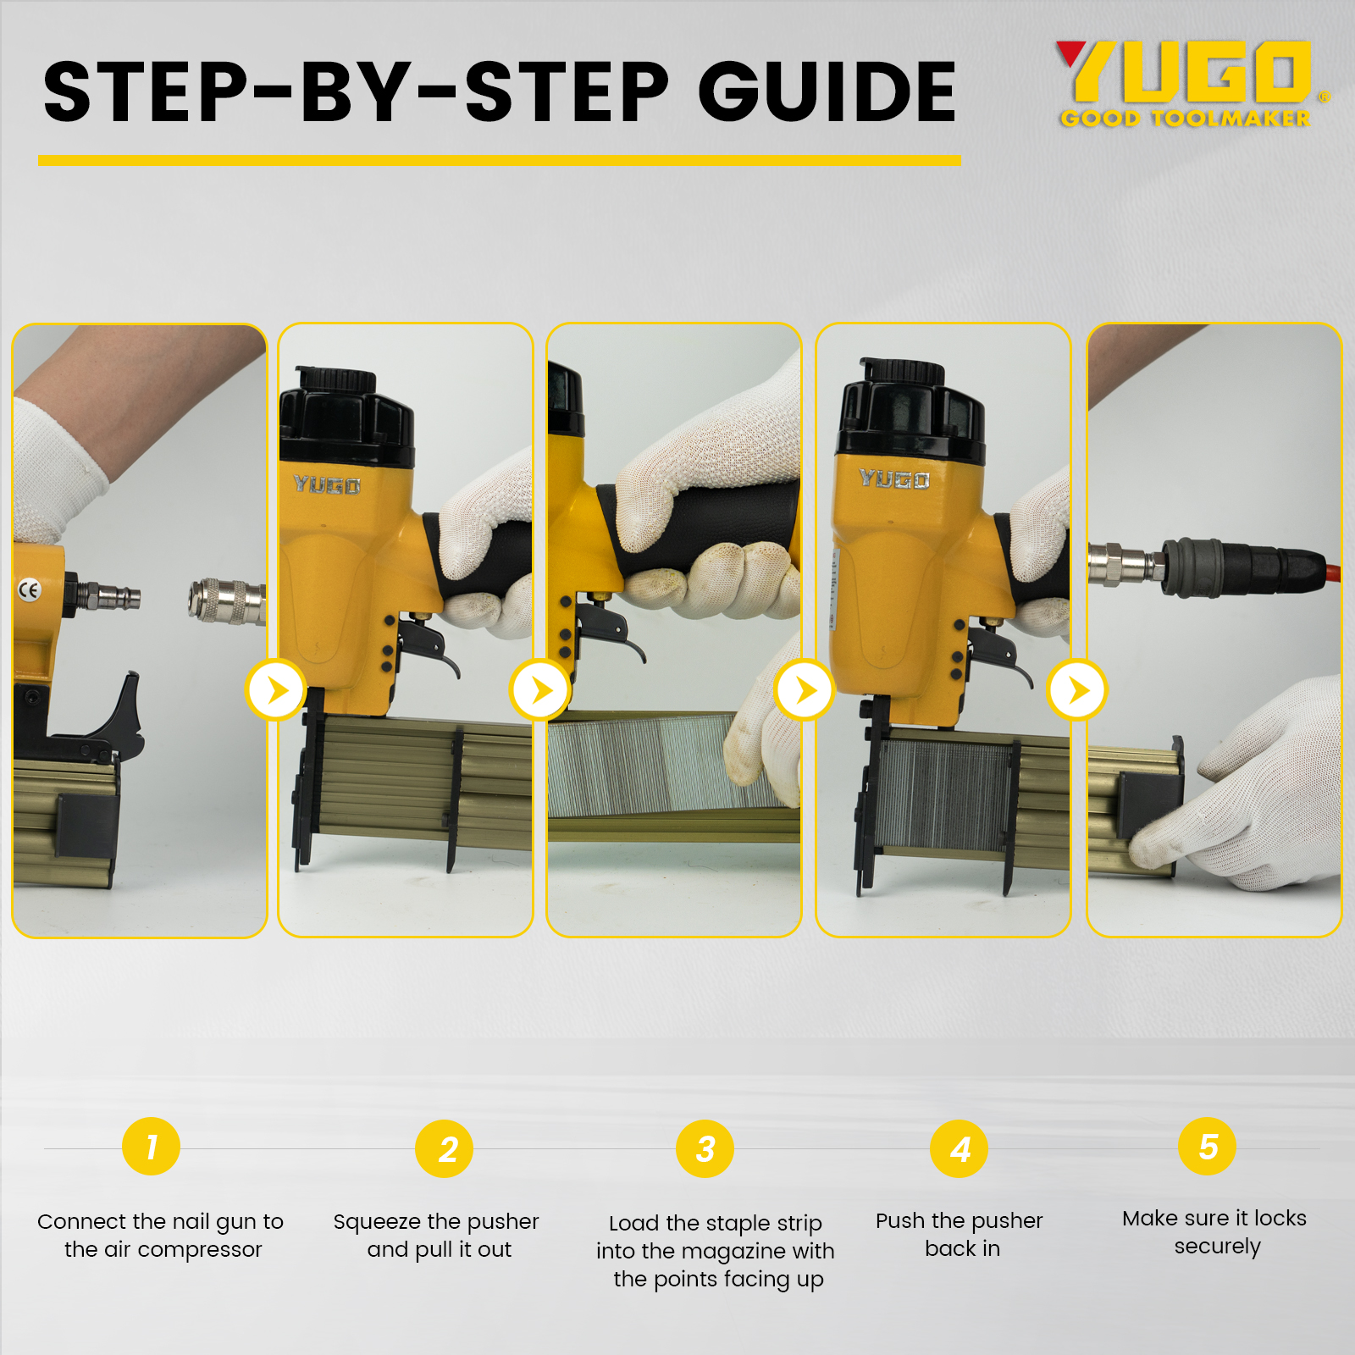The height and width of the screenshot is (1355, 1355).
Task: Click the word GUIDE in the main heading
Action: (827, 91)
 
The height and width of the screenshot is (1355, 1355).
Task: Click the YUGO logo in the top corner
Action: (1185, 71)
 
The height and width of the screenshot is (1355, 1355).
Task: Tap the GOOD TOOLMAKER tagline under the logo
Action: (1186, 119)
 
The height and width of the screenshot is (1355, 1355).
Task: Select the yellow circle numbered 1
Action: (152, 1147)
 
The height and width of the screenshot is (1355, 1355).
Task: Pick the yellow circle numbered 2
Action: (445, 1149)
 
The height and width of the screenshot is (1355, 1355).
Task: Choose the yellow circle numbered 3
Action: (705, 1149)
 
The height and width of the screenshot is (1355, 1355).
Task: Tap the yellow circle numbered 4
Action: (960, 1149)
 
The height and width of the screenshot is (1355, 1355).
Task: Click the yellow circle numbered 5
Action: (1208, 1147)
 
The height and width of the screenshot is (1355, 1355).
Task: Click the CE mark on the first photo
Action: (29, 589)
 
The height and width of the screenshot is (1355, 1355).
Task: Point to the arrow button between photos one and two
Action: (276, 690)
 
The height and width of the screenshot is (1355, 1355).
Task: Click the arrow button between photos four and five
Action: (1077, 690)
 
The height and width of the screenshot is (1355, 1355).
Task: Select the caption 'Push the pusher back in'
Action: (960, 1234)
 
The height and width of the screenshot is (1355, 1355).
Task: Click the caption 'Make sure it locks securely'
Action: (1214, 1231)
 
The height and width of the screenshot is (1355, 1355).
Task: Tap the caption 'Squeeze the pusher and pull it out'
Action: (437, 1235)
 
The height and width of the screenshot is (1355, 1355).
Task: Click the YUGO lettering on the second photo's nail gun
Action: (327, 484)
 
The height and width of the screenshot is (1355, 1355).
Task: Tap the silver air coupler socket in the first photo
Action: (226, 600)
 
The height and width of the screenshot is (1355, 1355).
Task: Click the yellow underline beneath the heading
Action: (500, 160)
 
